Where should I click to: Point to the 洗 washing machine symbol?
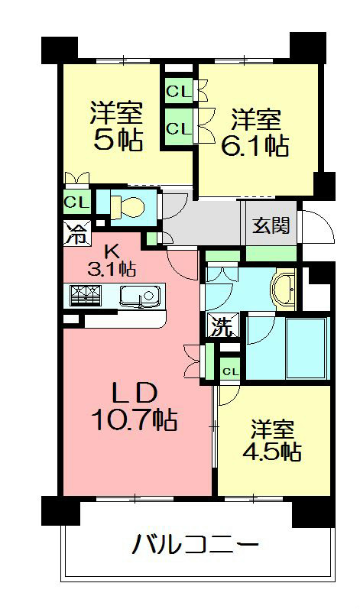click(x=220, y=328)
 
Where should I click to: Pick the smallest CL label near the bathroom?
click(x=230, y=371)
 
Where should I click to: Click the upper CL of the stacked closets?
click(x=178, y=92)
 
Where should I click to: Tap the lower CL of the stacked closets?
click(x=178, y=128)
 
